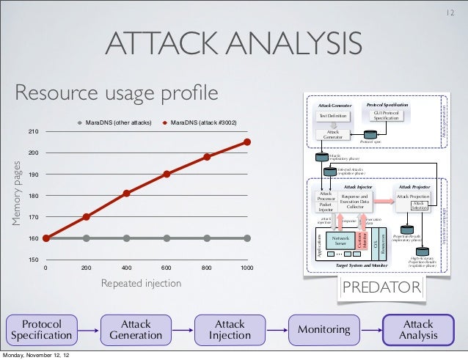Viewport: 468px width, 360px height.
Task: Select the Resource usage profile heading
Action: (117, 94)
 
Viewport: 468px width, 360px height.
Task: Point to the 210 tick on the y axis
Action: (33, 132)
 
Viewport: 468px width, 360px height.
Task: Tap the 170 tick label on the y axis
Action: (33, 218)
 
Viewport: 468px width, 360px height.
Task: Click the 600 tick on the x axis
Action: (167, 268)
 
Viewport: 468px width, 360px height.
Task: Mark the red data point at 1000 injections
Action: (248, 142)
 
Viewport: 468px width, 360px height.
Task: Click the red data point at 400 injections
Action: (127, 194)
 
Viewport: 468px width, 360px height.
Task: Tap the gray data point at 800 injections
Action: (208, 238)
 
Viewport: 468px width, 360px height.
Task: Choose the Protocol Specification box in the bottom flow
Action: (41, 329)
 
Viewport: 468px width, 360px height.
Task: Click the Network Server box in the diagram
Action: (340, 240)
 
